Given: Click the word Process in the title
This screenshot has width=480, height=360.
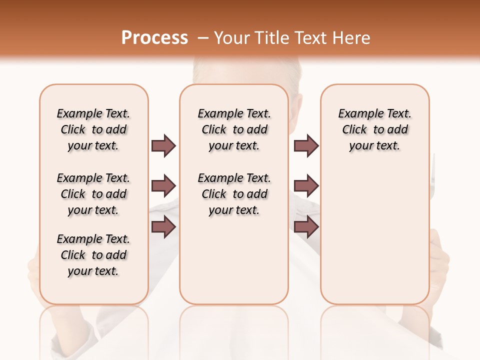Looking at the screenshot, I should coord(154,37).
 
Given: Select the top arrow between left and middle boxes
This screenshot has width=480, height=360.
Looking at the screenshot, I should coord(163,145).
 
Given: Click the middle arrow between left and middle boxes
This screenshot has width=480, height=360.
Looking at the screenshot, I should coord(163,186).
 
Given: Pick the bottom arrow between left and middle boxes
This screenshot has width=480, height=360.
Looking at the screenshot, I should coord(163,227).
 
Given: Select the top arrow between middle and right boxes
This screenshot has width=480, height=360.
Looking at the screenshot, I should coord(306,145).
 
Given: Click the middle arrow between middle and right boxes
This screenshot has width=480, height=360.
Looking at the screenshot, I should coord(306,186).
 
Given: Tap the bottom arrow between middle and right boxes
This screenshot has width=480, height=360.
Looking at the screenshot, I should coord(306,227).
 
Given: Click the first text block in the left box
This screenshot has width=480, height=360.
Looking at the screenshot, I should coord(93,129).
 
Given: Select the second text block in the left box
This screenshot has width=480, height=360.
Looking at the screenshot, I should coord(93,194).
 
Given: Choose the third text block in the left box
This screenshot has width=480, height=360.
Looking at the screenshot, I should coord(93,255).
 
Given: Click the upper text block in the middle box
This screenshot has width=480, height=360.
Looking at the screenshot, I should coord(234,129).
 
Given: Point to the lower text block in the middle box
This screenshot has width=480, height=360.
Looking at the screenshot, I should coord(234,194).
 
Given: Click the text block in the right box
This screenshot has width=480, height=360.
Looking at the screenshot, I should coord(375,129).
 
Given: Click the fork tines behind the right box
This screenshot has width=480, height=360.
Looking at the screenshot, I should coord(433,165).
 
